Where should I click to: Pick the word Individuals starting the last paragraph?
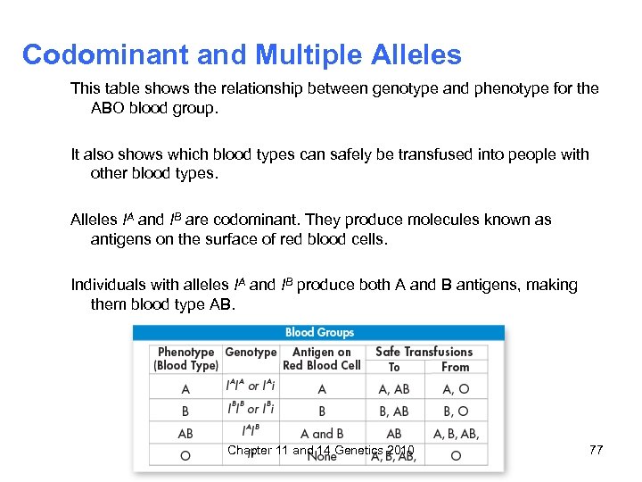click(109, 286)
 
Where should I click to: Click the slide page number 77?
click(597, 450)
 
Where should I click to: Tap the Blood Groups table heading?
click(319, 332)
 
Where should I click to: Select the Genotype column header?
click(251, 353)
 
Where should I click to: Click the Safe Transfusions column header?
click(424, 353)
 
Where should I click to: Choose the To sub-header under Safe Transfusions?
click(394, 367)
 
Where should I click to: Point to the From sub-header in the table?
click(455, 367)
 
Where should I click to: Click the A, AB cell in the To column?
click(394, 389)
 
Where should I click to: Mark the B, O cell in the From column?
click(455, 411)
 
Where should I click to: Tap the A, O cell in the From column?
click(455, 389)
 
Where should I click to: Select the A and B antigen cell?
click(322, 434)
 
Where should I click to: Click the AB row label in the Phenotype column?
click(185, 434)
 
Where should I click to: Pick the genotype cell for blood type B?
click(251, 411)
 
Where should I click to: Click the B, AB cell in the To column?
click(394, 411)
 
